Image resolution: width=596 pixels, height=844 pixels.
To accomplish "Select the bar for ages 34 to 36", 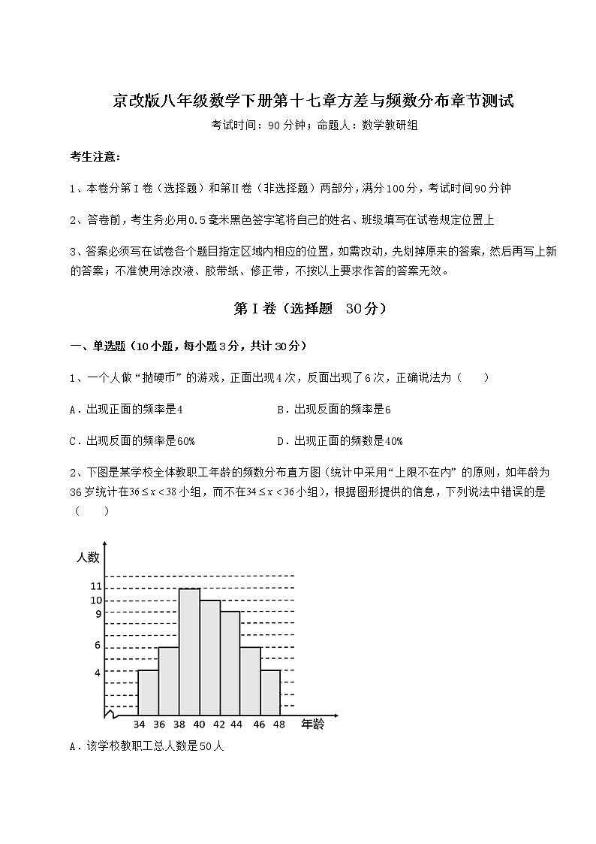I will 148,691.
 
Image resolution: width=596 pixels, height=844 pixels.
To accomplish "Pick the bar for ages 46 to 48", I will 270,691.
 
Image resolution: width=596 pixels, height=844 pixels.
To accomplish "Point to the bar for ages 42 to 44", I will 230,662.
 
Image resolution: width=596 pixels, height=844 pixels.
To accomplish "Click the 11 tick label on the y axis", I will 95,586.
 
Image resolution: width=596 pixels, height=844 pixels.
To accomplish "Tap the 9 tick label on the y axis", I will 98,614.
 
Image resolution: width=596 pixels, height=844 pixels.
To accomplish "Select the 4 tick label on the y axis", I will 98,672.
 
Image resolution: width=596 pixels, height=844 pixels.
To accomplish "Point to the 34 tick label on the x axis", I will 139,725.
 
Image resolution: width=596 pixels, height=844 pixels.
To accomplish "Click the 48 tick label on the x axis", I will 280,725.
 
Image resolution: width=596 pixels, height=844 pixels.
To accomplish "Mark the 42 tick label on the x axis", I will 220,725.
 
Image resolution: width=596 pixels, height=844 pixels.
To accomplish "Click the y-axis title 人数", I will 88,558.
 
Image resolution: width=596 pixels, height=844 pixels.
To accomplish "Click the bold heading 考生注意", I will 94,157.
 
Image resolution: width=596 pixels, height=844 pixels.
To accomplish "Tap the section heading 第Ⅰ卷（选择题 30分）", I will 298,308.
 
